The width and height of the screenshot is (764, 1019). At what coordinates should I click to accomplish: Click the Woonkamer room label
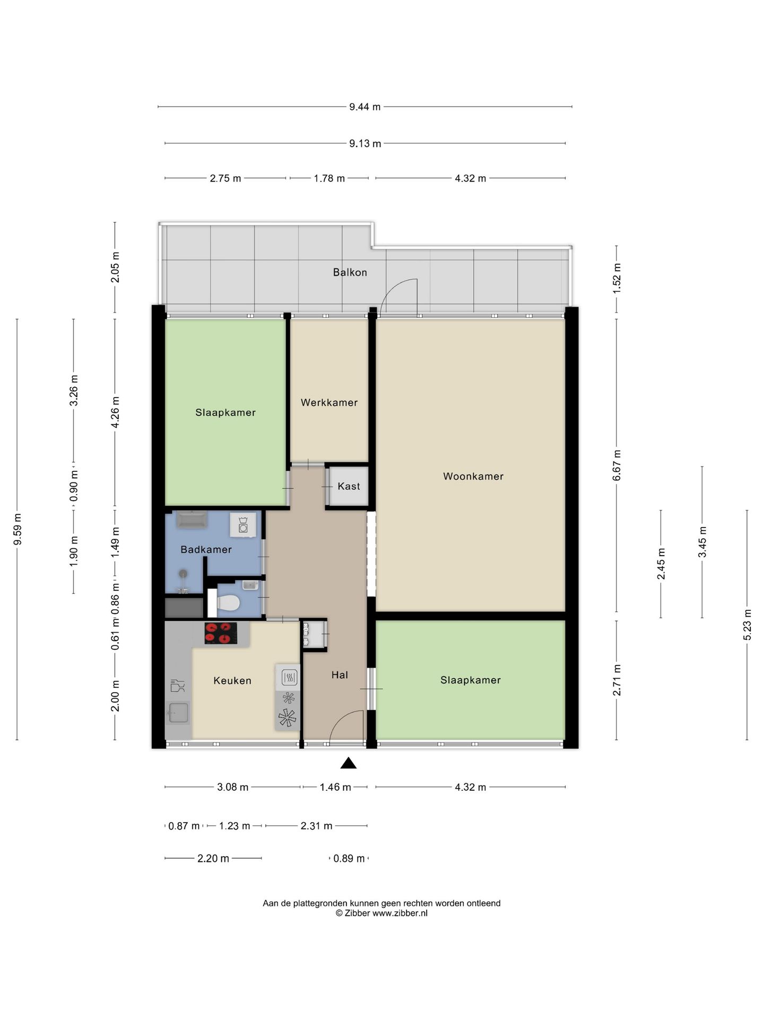coord(473,477)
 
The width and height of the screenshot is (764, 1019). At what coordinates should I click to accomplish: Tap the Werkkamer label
coord(329,403)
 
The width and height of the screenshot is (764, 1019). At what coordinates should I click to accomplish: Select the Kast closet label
coord(349,486)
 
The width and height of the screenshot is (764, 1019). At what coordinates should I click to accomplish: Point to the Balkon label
coord(350,272)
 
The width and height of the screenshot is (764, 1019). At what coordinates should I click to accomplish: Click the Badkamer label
coord(206,550)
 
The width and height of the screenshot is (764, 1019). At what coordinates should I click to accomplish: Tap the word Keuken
coord(232,681)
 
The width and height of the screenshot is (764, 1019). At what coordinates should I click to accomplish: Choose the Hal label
coord(340,675)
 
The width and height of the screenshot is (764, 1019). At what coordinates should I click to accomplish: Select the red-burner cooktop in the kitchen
coord(221,633)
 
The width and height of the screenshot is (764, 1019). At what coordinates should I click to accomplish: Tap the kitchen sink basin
coord(178,713)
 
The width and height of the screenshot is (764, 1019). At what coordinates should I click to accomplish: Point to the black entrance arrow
coord(348,763)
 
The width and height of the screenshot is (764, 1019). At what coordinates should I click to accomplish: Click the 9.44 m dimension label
coord(365,107)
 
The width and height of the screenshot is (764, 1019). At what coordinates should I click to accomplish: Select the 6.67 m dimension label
coord(617,465)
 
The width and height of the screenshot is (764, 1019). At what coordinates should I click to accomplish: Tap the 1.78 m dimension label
coord(329,178)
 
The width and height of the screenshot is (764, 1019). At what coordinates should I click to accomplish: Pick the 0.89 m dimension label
coord(349,859)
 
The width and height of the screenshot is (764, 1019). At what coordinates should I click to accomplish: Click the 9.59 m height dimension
coord(18,529)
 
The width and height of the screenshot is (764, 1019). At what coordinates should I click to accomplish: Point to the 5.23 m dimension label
coord(748,624)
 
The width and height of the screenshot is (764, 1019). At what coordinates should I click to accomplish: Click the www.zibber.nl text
coord(400,913)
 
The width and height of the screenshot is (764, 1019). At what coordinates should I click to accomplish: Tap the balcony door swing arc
coord(395,289)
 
